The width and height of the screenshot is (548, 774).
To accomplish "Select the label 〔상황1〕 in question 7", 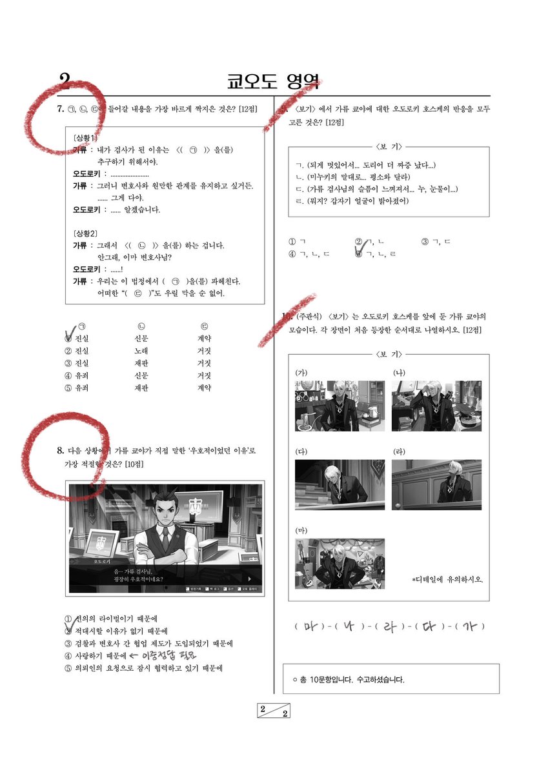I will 86,139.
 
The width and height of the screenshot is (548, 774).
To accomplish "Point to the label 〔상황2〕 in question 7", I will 86,233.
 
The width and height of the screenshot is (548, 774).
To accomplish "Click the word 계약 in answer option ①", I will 205,338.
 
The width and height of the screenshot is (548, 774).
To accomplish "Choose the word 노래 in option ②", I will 141,351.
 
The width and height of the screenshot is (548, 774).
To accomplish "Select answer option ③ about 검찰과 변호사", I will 148,643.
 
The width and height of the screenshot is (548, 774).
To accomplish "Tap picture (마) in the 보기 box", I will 340,563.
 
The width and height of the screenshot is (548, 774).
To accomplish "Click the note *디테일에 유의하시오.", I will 447,579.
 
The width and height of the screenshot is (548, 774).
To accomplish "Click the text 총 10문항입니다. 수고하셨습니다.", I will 352,680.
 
